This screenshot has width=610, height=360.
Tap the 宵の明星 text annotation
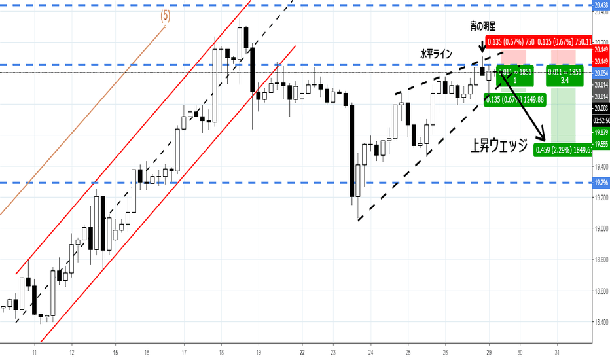[x=482, y=26]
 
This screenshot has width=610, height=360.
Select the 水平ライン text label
[x=436, y=54]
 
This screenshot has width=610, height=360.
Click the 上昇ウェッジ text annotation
[x=499, y=146]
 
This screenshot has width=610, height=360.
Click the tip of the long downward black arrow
[x=544, y=139]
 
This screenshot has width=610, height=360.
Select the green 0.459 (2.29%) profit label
[x=563, y=150]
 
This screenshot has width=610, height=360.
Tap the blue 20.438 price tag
[x=601, y=5]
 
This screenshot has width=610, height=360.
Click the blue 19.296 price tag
[x=601, y=183]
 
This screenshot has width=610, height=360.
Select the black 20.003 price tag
[x=601, y=109]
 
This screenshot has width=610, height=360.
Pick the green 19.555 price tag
[x=601, y=144]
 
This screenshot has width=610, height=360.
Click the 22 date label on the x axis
[x=302, y=351]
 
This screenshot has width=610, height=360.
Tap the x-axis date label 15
[x=115, y=351]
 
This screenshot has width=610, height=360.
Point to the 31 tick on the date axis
[x=557, y=351]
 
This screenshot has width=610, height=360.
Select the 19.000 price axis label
[x=601, y=228]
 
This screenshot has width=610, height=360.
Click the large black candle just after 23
[x=352, y=151]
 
